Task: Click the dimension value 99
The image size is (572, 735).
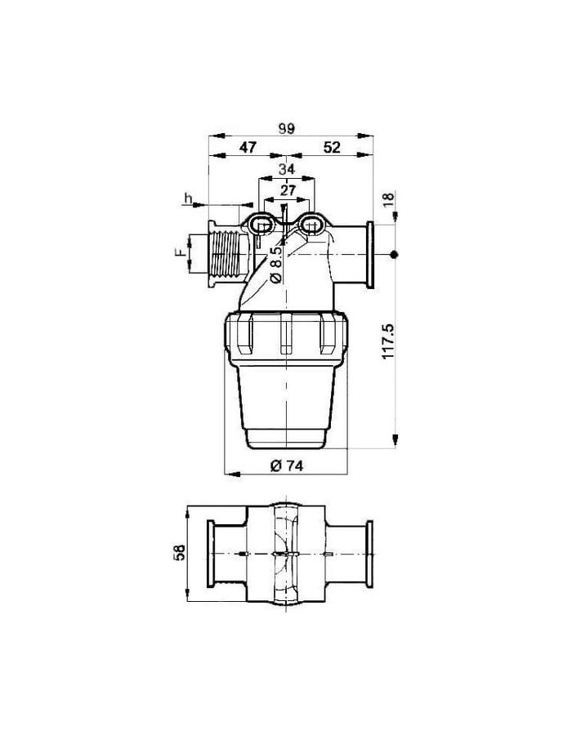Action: point(286,128)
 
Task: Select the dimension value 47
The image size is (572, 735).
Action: point(248,147)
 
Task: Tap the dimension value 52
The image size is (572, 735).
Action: point(332,147)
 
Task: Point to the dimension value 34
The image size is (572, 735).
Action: point(287,169)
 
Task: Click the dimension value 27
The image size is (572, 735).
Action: point(288,189)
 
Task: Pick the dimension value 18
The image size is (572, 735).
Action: point(390,198)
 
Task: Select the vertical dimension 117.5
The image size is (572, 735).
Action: point(389,341)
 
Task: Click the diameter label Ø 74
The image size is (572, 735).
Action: point(287,465)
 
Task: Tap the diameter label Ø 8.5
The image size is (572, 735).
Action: point(275,265)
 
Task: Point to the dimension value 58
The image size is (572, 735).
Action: point(179,553)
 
